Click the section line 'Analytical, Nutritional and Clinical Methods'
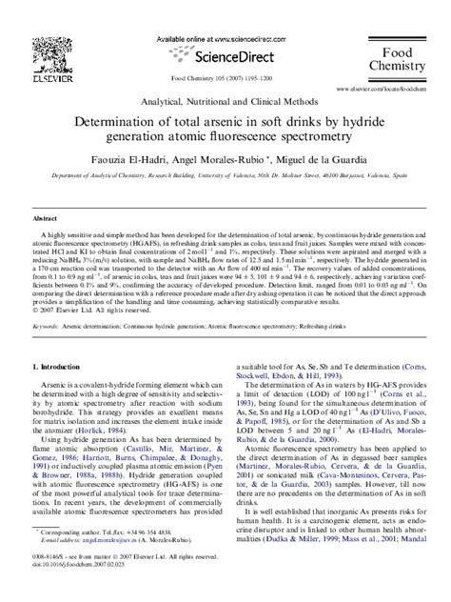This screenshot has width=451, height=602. (226, 101)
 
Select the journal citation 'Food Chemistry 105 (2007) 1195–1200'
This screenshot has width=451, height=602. (225, 80)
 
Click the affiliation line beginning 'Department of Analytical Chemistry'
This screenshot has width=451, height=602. (226, 175)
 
